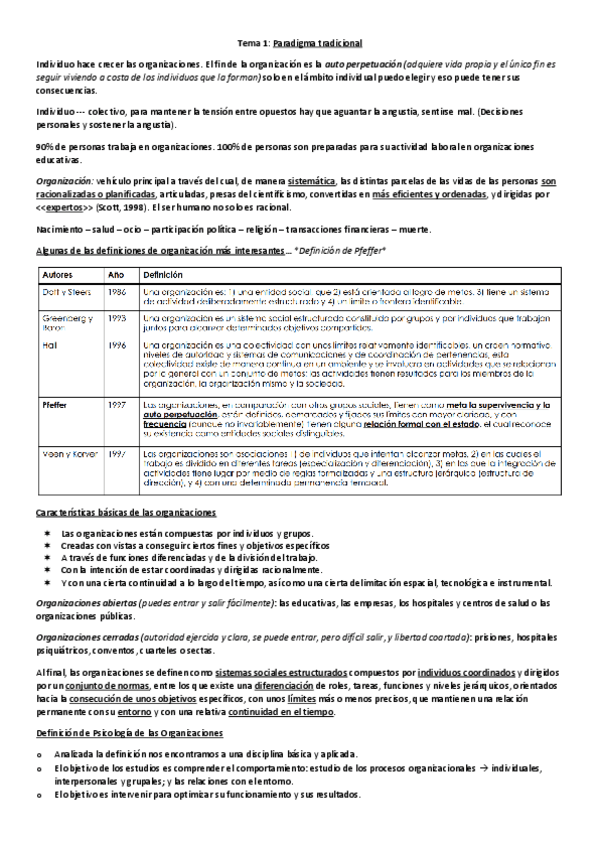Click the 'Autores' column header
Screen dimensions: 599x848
click(x=58, y=274)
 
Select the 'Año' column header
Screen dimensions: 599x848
click(x=115, y=274)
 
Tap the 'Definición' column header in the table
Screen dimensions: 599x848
click(x=163, y=274)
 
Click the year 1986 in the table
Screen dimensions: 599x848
click(x=117, y=292)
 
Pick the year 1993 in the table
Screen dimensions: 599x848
click(x=117, y=318)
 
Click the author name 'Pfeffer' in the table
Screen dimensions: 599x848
click(x=55, y=405)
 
